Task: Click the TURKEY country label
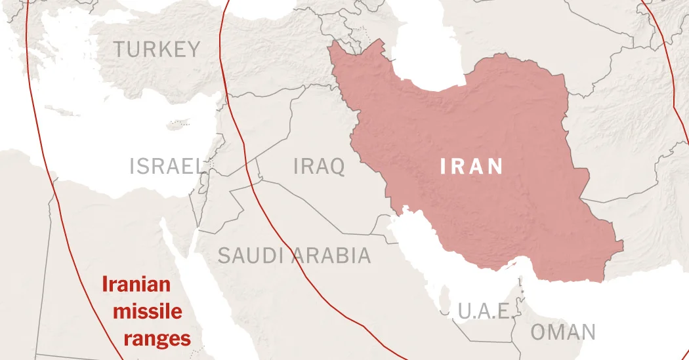[x=156, y=49]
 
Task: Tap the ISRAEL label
[x=166, y=167]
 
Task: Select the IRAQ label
[x=319, y=167]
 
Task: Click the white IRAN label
[x=472, y=167]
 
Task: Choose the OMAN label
[x=563, y=332]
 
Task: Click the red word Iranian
[x=136, y=285]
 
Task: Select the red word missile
[x=147, y=311]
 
